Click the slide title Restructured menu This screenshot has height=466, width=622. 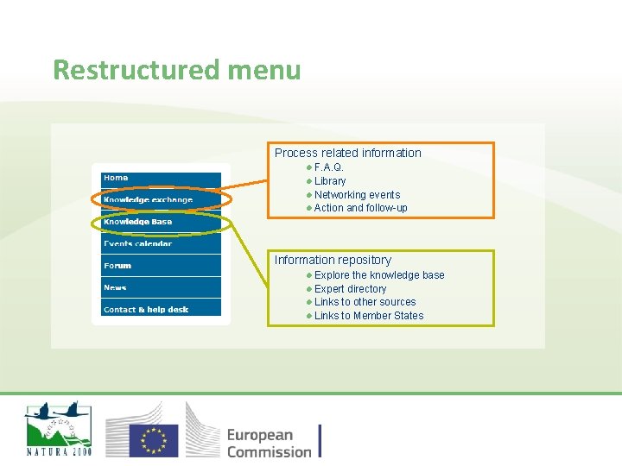pyautogui.click(x=176, y=69)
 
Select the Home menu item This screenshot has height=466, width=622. pyautogui.click(x=116, y=179)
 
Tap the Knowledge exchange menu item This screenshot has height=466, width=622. pyautogui.click(x=148, y=200)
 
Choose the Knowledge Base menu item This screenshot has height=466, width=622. pyautogui.click(x=138, y=222)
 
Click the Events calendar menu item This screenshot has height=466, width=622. pyautogui.click(x=138, y=243)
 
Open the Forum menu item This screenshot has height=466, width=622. pyautogui.click(x=117, y=266)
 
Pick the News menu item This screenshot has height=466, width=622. pyautogui.click(x=115, y=287)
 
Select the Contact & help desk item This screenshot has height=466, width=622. pyautogui.click(x=146, y=309)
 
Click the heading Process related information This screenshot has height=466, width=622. pyautogui.click(x=347, y=153)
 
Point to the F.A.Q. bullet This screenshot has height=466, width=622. pyautogui.click(x=328, y=167)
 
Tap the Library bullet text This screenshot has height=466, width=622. pyautogui.click(x=330, y=181)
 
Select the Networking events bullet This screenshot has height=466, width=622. pyautogui.click(x=357, y=195)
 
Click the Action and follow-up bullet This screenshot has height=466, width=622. pyautogui.click(x=360, y=208)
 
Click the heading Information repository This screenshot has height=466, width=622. pyautogui.click(x=333, y=260)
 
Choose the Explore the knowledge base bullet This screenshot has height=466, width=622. pyautogui.click(x=379, y=275)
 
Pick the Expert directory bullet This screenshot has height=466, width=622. pyautogui.click(x=350, y=289)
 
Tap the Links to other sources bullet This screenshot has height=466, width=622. pyautogui.click(x=365, y=302)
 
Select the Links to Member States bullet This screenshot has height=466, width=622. pyautogui.click(x=369, y=316)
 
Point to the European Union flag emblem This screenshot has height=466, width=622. pyautogui.click(x=154, y=439)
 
